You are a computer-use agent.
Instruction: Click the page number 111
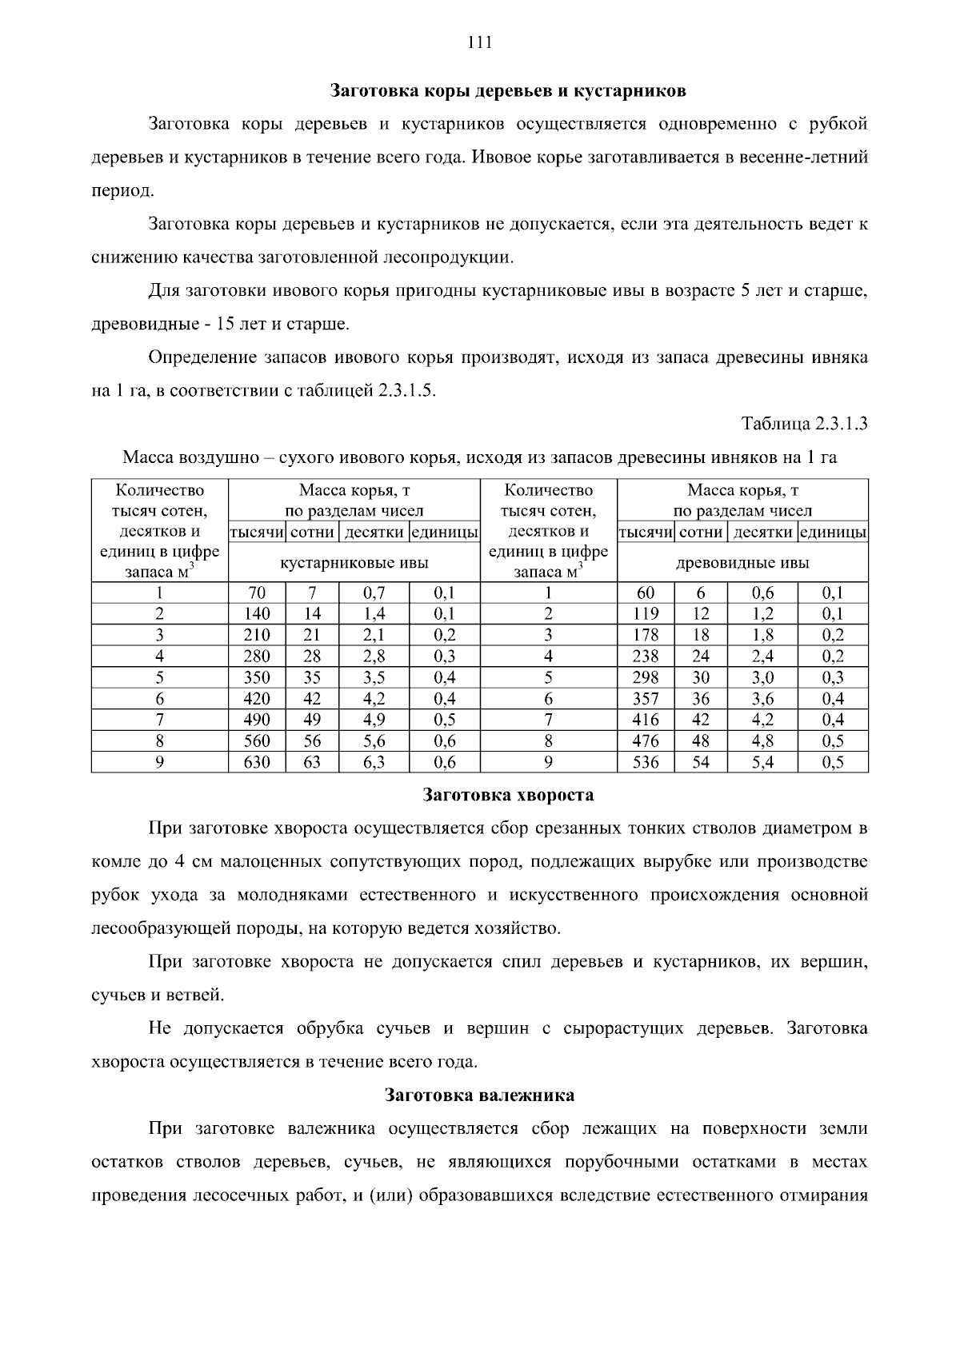(x=479, y=43)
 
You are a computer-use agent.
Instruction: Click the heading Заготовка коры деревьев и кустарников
(x=509, y=90)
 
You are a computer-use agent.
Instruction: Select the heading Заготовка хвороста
(x=508, y=795)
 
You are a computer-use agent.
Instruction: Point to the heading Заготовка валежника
(x=479, y=1095)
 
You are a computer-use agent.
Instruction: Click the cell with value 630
(x=257, y=762)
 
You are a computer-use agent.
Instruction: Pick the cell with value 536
(x=646, y=762)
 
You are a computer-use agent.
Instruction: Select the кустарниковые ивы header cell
(x=354, y=563)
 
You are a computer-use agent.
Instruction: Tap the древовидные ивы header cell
(x=742, y=563)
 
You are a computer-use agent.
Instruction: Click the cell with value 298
(x=646, y=677)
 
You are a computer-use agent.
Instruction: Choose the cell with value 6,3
(x=374, y=762)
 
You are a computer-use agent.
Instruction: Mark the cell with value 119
(x=646, y=614)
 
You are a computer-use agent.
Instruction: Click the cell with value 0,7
(x=374, y=593)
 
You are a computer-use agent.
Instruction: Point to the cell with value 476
(x=646, y=740)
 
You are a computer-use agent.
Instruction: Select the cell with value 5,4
(x=762, y=762)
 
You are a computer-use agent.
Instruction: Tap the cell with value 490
(x=257, y=720)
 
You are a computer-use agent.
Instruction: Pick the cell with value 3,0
(x=762, y=677)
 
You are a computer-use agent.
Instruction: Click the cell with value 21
(x=312, y=635)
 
